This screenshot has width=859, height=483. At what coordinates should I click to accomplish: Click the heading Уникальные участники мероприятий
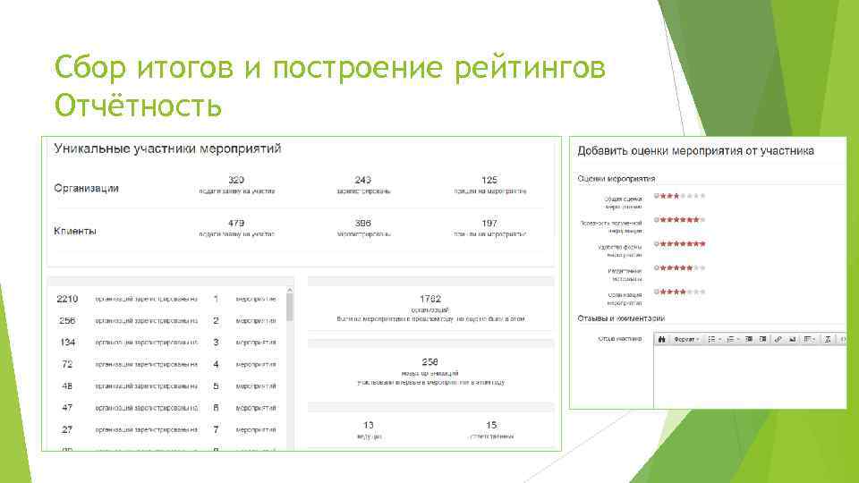[168, 148]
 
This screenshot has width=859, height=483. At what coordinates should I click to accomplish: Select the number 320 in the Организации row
[236, 180]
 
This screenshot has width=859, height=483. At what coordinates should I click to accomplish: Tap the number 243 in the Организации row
[363, 180]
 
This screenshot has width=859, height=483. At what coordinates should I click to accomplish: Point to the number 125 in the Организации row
[489, 180]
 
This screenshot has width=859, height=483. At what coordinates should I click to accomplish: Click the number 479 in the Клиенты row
[236, 223]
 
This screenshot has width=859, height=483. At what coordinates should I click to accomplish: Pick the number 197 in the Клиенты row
[489, 223]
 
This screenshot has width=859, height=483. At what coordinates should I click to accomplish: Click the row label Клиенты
[75, 231]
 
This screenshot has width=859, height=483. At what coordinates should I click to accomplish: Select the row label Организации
[86, 188]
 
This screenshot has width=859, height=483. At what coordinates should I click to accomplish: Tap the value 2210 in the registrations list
[67, 298]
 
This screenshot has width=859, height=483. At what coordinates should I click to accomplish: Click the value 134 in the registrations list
[67, 342]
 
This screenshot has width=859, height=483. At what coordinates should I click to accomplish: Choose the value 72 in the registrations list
[67, 364]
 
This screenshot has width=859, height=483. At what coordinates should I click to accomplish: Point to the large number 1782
[429, 298]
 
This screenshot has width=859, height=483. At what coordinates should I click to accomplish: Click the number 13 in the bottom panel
[368, 425]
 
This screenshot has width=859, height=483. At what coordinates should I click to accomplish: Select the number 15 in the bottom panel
[491, 425]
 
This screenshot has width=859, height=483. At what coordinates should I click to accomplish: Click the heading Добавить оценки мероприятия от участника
[695, 151]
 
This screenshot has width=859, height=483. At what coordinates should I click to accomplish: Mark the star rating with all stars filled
[680, 243]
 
